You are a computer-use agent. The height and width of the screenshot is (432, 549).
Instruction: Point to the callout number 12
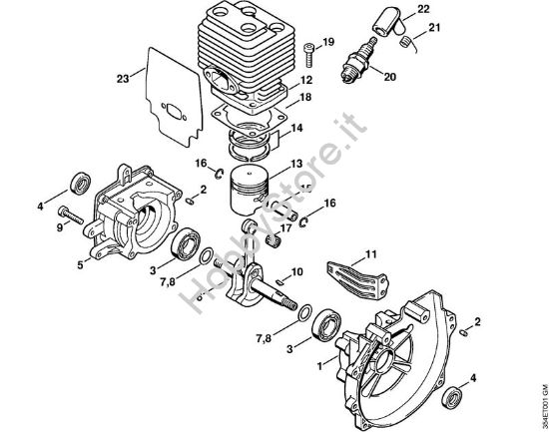306,79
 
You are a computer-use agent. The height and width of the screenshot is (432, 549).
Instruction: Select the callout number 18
306,97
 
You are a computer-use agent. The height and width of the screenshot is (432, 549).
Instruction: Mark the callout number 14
298,129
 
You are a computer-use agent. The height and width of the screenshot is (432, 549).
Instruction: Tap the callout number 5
80,264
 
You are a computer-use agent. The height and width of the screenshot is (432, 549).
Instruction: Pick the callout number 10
296,271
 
